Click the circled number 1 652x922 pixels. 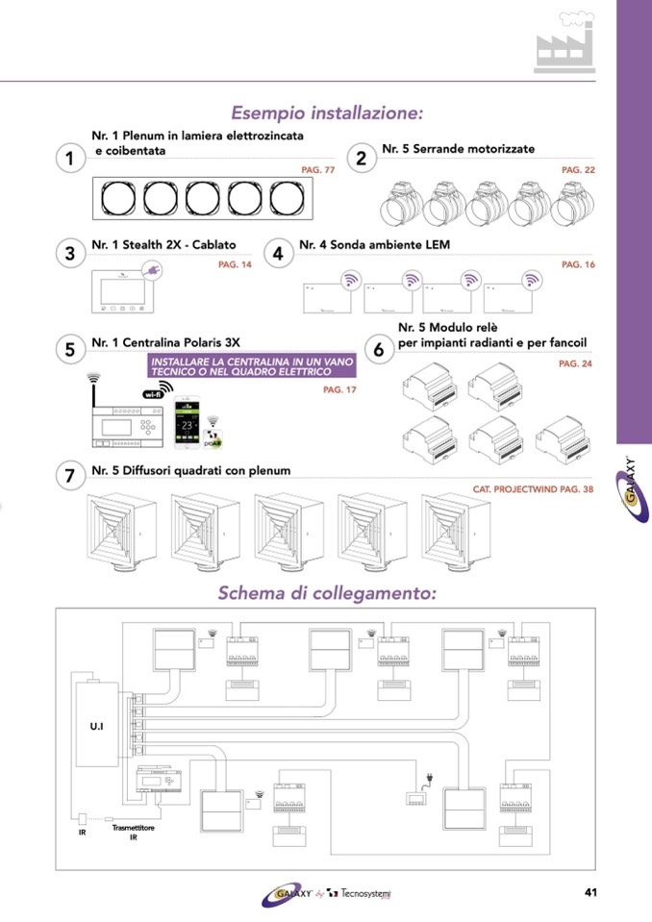pos(70,160)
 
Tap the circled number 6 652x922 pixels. pos(378,351)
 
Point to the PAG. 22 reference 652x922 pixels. pos(578,170)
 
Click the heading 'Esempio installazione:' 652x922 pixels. pos(327,113)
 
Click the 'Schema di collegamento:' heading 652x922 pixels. pos(327,592)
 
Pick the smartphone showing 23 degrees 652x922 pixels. pos(187,424)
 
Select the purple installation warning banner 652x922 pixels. pos(251,365)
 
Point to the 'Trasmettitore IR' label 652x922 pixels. pos(132,831)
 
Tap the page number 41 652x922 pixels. pos(591,891)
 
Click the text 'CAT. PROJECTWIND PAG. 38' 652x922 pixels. pos(533,488)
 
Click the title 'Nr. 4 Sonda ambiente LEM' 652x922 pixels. pos(374,245)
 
